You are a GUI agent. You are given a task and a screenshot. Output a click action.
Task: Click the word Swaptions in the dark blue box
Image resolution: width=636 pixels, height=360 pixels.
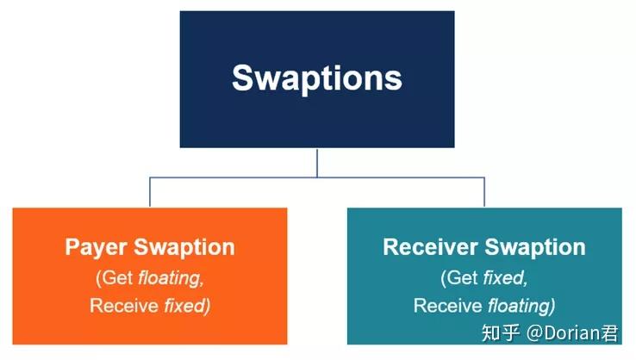(316, 78)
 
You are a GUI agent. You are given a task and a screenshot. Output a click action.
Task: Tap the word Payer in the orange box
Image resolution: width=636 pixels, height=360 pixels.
(97, 248)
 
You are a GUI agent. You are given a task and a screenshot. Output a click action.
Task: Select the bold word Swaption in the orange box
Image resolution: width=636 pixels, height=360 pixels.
(184, 248)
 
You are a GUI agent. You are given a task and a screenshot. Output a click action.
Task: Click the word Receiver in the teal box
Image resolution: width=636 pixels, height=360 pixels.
(431, 248)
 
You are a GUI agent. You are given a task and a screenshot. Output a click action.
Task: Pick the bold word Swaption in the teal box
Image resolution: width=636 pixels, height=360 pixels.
(534, 248)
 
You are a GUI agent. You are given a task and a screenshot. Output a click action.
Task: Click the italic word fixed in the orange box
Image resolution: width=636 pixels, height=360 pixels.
(184, 306)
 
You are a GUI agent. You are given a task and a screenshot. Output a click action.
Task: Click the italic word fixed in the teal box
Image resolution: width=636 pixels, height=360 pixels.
(503, 278)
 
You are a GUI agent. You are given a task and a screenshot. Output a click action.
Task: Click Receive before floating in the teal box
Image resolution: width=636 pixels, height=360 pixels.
(448, 306)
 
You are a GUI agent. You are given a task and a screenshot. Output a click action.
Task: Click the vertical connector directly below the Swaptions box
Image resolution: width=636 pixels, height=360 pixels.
(317, 162)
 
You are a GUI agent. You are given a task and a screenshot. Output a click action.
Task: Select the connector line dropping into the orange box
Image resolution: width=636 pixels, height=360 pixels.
(150, 192)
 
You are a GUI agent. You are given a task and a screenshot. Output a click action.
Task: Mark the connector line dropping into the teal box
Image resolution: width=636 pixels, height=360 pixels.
(484, 192)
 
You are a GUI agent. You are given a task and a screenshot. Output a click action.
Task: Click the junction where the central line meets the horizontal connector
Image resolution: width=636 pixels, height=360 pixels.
(317, 177)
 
